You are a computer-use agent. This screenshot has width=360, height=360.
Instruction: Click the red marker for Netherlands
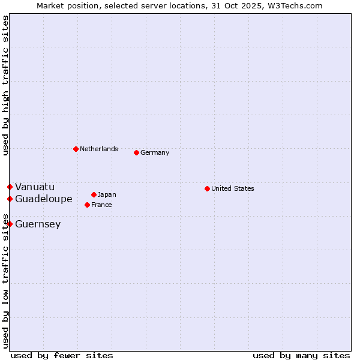click(x=76, y=149)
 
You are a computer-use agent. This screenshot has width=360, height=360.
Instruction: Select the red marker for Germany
click(x=136, y=152)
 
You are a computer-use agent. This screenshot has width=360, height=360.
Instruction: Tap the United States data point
click(x=207, y=188)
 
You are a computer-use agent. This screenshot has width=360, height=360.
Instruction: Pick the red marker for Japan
click(x=94, y=194)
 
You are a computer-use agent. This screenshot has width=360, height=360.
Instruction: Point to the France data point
click(x=87, y=205)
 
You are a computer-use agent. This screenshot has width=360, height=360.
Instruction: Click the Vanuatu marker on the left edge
click(x=10, y=187)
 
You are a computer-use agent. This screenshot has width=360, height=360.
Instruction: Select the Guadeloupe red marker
click(x=10, y=199)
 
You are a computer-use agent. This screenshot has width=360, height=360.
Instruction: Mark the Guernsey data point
click(x=10, y=224)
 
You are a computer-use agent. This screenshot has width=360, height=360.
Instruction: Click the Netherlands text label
click(x=99, y=149)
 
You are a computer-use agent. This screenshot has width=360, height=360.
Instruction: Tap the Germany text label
click(x=155, y=152)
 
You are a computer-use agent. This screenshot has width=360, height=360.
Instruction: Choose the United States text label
click(x=233, y=188)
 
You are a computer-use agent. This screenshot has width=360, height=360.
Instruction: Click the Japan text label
click(x=107, y=194)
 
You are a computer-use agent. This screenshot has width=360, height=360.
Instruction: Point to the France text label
click(x=101, y=205)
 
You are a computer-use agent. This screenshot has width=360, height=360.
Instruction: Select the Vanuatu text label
click(x=35, y=187)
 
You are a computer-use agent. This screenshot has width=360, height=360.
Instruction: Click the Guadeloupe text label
click(x=44, y=199)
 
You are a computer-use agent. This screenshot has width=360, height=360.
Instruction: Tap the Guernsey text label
click(x=38, y=224)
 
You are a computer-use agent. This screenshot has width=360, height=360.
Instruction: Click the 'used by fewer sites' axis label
click(x=62, y=355)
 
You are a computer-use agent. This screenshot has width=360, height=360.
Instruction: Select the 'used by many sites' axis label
click(x=301, y=355)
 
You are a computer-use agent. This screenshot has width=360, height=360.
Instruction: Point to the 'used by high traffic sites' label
click(x=5, y=85)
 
